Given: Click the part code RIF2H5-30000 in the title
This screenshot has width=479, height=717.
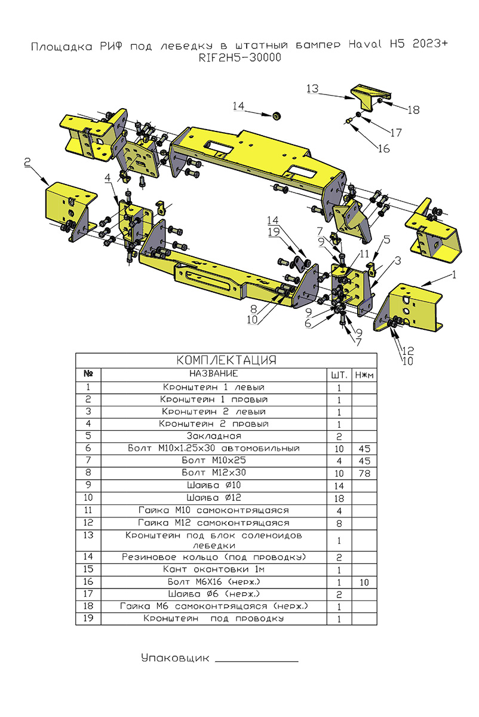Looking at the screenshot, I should (x=238, y=58).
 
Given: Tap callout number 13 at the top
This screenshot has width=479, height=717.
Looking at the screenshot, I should (x=313, y=88).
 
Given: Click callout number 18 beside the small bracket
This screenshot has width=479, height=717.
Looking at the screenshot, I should (x=414, y=109).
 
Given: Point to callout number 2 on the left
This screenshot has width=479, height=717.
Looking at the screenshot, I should (x=27, y=162).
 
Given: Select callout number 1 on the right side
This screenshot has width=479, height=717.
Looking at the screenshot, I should (x=454, y=275).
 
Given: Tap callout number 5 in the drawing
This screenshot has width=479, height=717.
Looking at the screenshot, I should (x=386, y=240).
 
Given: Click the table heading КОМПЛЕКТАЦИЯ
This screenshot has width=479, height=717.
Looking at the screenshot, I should (x=226, y=360).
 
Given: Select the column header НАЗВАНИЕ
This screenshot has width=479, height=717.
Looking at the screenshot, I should (x=214, y=374).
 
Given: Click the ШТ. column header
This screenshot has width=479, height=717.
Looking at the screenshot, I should (x=339, y=375).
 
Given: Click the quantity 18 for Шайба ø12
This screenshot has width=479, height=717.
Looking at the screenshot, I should (x=339, y=498).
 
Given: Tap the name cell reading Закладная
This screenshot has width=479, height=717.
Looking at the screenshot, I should (x=214, y=436).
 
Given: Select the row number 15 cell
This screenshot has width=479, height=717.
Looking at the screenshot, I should (x=88, y=569).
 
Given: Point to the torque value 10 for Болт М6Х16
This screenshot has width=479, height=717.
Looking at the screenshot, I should (x=364, y=581).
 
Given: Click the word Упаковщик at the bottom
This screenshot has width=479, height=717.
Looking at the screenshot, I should (x=176, y=658).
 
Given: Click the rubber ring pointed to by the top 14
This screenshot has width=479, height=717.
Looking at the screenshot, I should (x=277, y=114).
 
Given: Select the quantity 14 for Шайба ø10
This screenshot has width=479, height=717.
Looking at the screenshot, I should (x=339, y=485).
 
